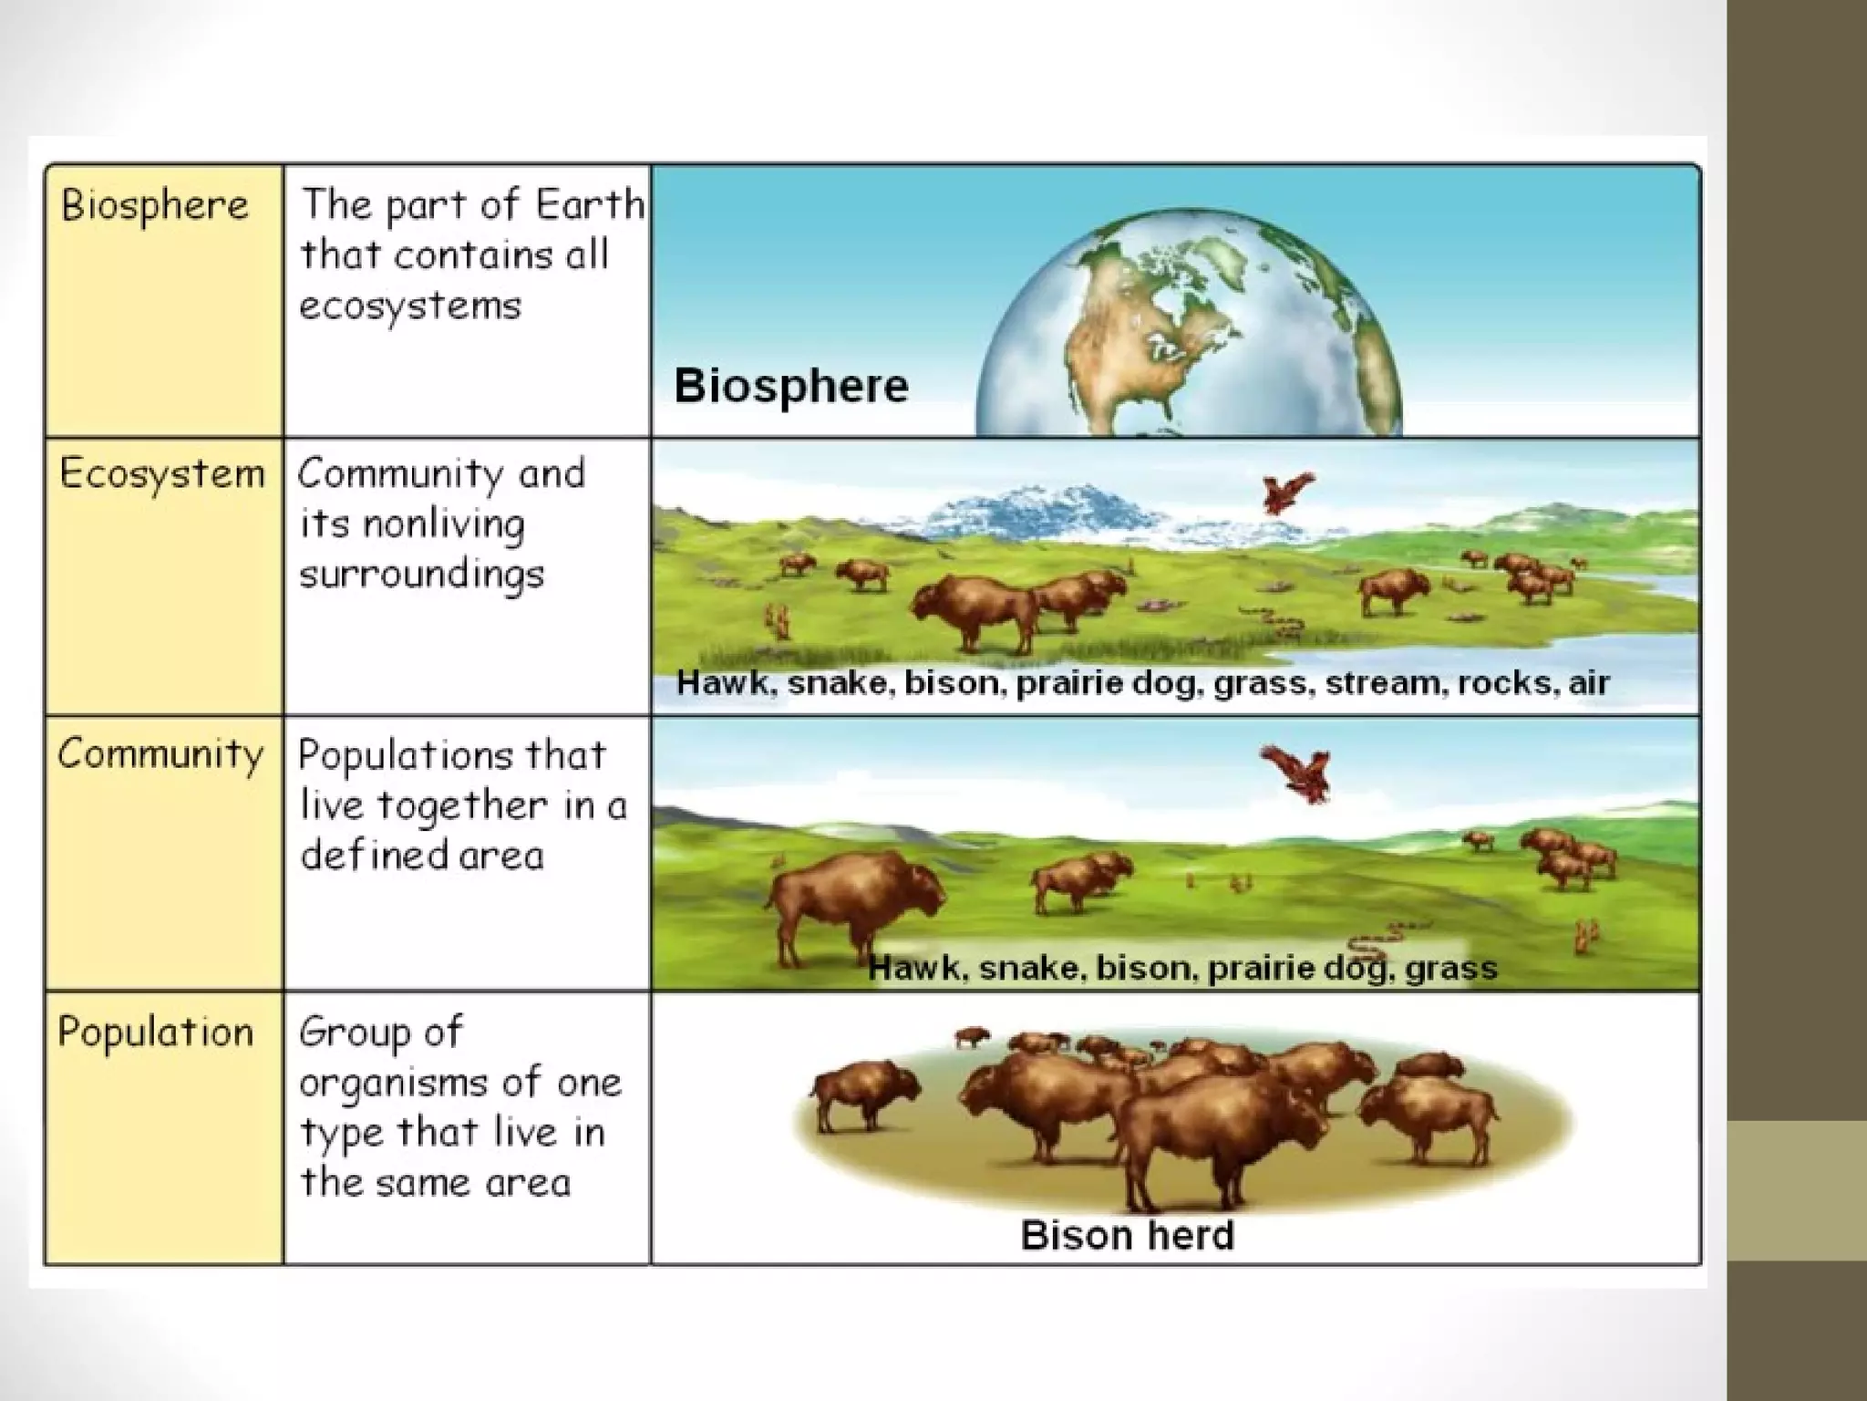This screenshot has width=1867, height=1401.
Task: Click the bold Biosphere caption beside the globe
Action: click(x=790, y=386)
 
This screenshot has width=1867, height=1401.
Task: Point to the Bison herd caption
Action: click(x=1127, y=1236)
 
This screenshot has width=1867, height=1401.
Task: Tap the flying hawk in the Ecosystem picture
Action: click(x=1287, y=493)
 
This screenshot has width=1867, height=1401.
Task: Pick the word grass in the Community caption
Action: click(x=1451, y=968)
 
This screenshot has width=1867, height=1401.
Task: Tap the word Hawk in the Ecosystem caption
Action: click(x=726, y=683)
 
